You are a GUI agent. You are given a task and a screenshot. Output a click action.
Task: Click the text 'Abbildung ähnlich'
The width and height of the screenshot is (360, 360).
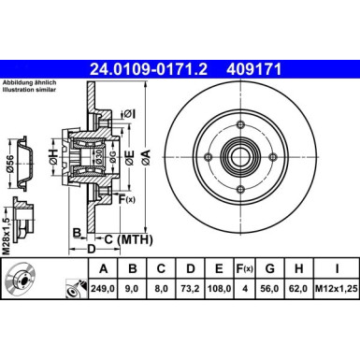(x=27, y=82)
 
